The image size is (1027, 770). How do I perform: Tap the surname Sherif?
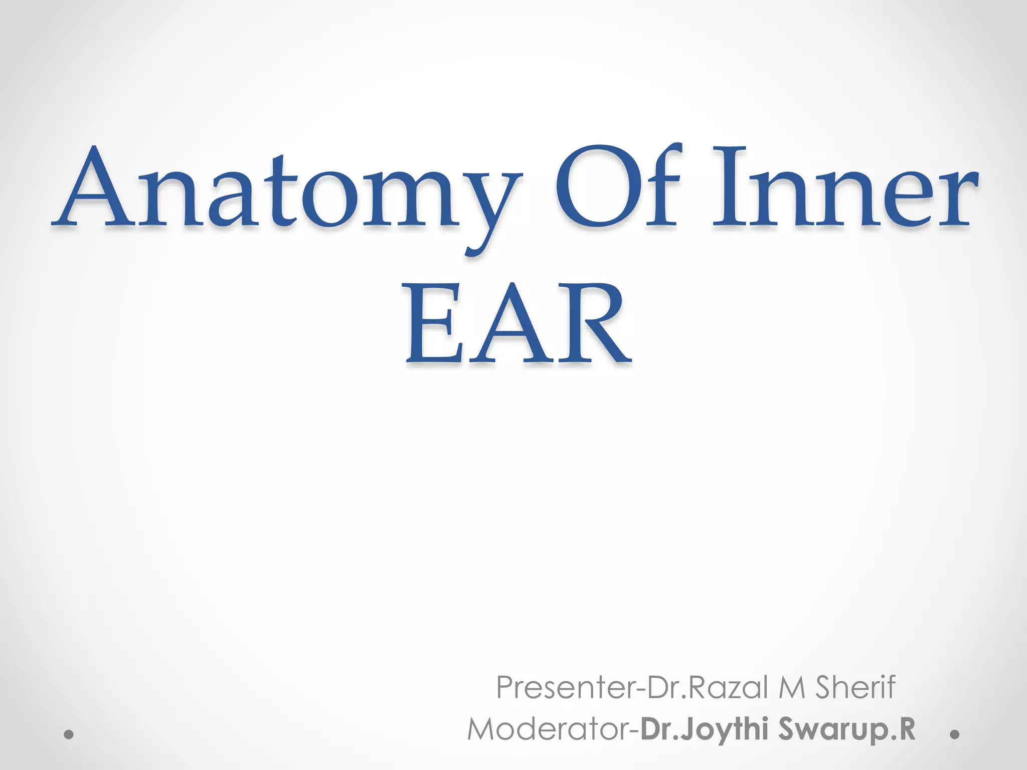pyautogui.click(x=854, y=687)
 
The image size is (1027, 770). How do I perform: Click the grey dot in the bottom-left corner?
pyautogui.click(x=70, y=735)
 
